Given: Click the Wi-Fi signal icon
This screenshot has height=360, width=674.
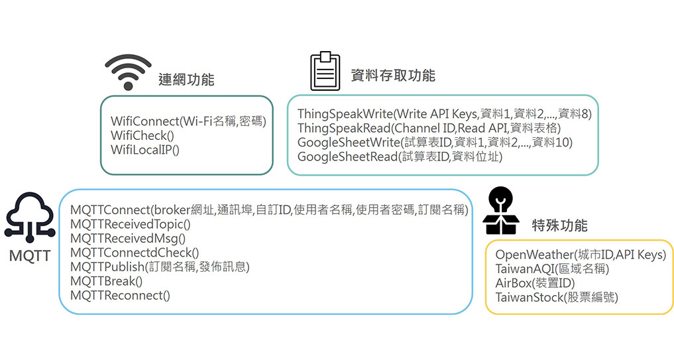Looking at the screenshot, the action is [x=128, y=71].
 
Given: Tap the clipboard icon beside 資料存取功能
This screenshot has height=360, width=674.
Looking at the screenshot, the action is [x=325, y=71].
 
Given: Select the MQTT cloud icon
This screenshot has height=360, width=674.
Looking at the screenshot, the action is [x=29, y=215].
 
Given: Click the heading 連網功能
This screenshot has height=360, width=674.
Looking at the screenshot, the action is [x=186, y=80].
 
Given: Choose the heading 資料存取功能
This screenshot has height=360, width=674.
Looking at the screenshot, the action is [x=393, y=75].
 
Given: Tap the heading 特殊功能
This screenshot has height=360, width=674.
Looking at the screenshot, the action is [x=559, y=225].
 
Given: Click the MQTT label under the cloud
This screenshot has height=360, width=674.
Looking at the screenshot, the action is [x=30, y=255].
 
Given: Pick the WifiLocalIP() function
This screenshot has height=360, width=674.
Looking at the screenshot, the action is [x=145, y=149].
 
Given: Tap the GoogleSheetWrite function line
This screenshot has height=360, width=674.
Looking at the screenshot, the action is [x=435, y=143].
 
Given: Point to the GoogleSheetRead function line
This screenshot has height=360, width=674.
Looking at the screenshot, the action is [x=400, y=157].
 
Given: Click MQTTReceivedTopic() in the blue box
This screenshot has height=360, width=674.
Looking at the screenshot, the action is [x=130, y=224].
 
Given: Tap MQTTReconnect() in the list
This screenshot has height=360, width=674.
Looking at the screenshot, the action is [x=120, y=296].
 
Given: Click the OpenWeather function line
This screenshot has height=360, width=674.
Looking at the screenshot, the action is [x=581, y=255].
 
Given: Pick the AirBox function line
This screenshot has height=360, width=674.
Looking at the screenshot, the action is [x=535, y=283].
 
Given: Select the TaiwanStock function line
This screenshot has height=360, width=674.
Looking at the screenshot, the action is [x=557, y=298].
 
